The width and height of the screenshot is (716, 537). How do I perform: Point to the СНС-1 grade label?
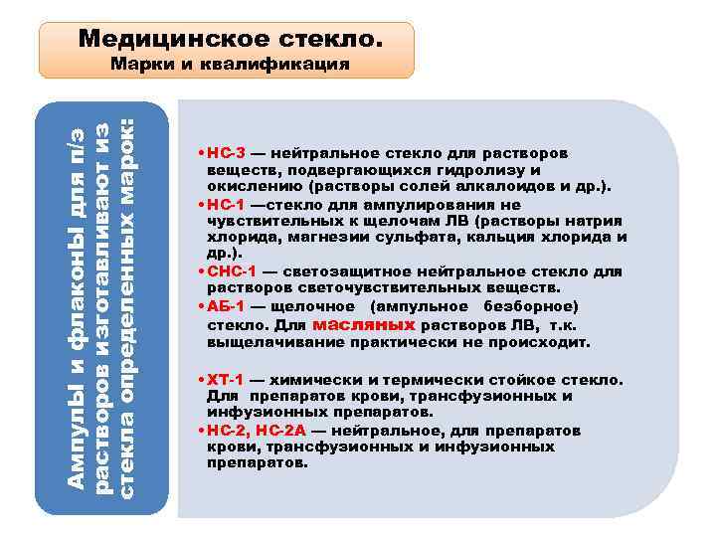(x=230, y=270)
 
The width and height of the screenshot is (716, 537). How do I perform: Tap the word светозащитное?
(x=346, y=270)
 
